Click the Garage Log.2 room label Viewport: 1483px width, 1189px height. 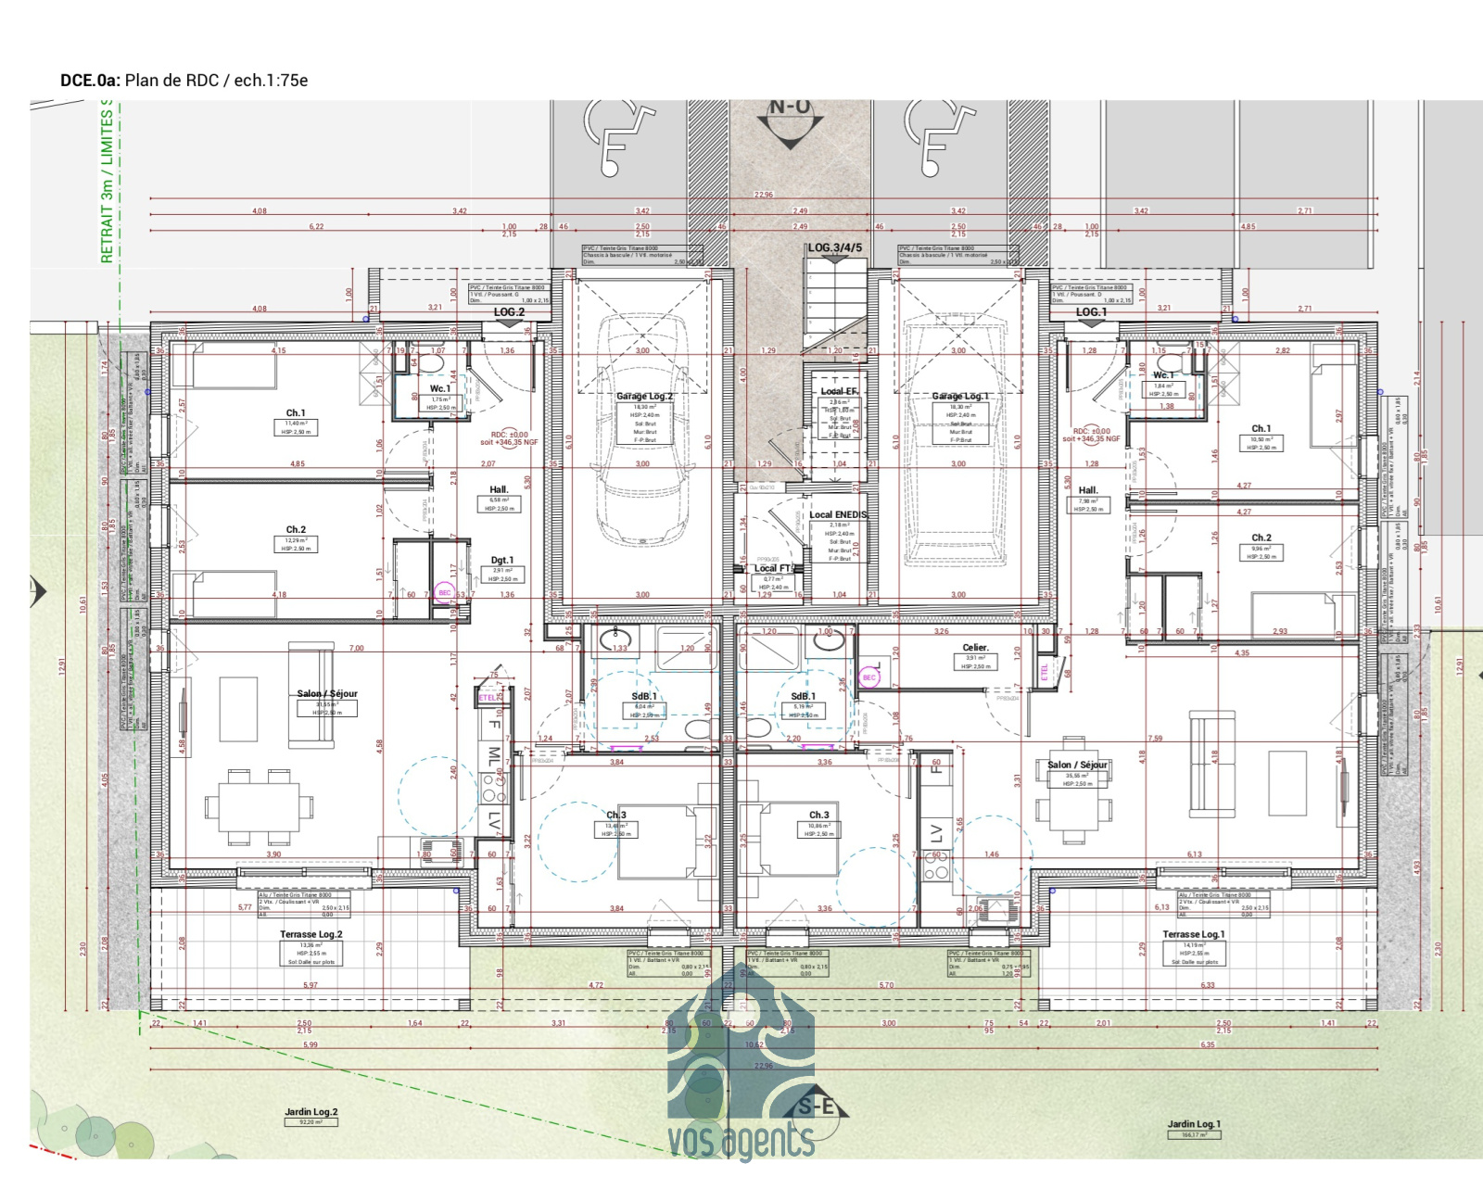[x=645, y=396]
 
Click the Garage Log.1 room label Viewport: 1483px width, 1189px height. [x=960, y=396]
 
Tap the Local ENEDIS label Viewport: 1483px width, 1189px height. [x=838, y=514]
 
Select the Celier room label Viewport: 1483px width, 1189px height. [x=975, y=648]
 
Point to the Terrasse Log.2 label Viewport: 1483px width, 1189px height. [x=311, y=934]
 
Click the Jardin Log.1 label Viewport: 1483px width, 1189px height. [x=1194, y=1124]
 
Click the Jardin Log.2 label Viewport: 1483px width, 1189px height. [x=311, y=1112]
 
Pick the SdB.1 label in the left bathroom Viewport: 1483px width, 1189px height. [x=644, y=696]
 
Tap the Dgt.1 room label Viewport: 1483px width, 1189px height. [x=501, y=561]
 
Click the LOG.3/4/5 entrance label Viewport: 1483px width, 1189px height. [x=834, y=247]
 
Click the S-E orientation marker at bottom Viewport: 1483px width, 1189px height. [x=816, y=1107]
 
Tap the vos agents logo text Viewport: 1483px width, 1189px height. [x=741, y=1140]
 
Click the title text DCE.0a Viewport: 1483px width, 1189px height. [x=90, y=81]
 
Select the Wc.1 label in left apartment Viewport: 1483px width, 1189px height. [x=440, y=388]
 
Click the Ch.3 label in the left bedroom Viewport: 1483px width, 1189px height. [x=616, y=815]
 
